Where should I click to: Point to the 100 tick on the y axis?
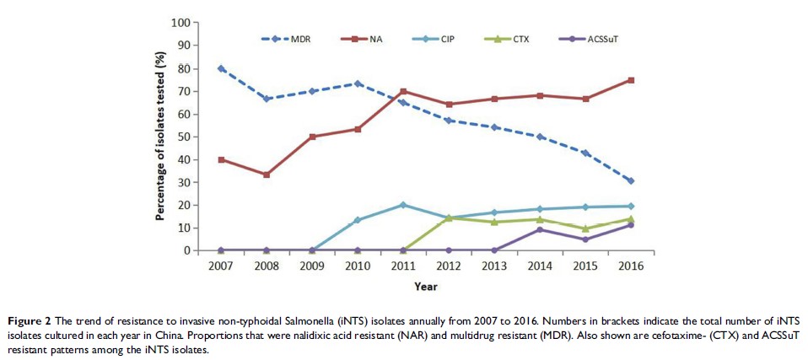(x=179, y=23)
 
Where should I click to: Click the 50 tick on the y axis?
(x=182, y=137)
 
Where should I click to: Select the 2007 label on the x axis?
(x=221, y=266)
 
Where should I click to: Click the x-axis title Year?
(x=425, y=285)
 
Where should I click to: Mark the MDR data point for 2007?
(x=221, y=68)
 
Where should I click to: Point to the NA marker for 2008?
(x=267, y=175)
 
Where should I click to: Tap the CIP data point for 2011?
(x=403, y=205)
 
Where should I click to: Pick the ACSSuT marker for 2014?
(x=539, y=229)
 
